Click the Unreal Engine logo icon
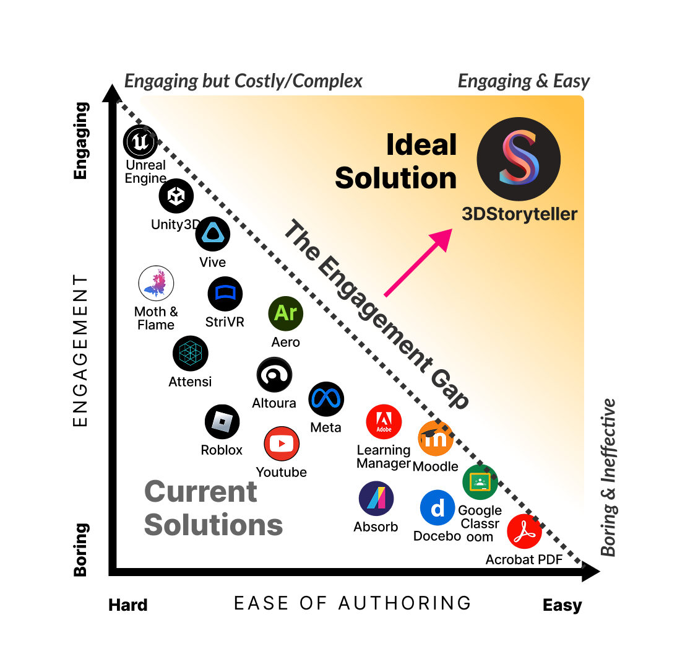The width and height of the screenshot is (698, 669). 140,142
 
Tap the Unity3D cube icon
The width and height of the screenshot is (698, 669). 176,196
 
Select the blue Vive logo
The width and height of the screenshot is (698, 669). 213,234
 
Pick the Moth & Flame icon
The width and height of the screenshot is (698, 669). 156,284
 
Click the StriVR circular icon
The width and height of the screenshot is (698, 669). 225,294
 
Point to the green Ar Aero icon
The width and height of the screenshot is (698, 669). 285,313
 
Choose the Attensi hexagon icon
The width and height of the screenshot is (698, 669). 191,354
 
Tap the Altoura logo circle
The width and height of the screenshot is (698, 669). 274,375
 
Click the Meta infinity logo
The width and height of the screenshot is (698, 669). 325,400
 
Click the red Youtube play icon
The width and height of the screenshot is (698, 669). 282,444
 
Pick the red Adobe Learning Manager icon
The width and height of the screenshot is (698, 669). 384,422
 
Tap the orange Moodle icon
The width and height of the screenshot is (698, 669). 436,439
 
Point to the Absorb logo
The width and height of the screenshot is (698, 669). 376,499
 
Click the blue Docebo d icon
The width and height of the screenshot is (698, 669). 437,508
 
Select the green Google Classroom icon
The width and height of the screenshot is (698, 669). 480,482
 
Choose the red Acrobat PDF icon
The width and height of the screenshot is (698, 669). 524,531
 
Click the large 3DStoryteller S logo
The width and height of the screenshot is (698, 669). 519,159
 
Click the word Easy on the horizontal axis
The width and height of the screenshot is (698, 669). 562,605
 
